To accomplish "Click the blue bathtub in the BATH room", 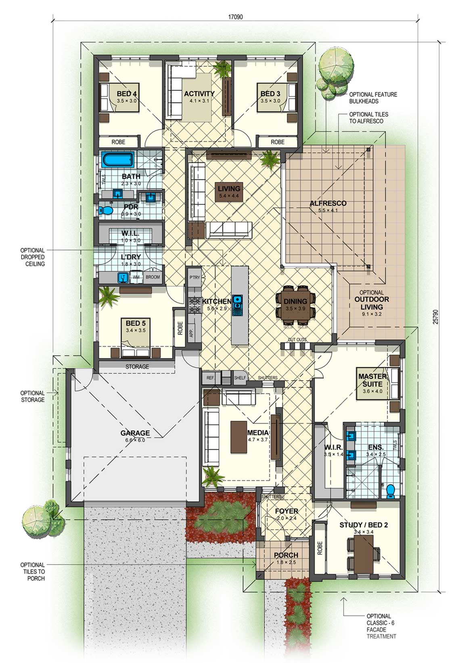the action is tap(117, 159).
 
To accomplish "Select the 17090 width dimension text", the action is tap(235, 17).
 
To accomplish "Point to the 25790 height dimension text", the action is tap(435, 317).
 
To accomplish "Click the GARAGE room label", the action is tap(135, 433).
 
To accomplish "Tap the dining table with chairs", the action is tap(295, 305).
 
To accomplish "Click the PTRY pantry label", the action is tap(194, 277).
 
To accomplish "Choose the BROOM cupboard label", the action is tap(153, 277).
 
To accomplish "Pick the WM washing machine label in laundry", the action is tap(136, 277).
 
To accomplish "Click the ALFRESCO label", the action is tap(328, 203).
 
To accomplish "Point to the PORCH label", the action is tap(286, 555).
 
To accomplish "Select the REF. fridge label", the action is tap(210, 378).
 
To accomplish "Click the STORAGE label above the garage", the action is tap(137, 367).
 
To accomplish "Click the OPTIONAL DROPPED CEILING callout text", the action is tap(33, 257).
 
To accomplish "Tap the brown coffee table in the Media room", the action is tap(238, 437).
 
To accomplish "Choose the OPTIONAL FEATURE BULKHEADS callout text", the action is tap(373, 98).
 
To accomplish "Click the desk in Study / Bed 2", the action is tap(364, 552).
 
